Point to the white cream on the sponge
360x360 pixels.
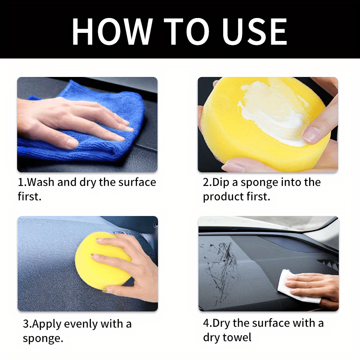(270, 112)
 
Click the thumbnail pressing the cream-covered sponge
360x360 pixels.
(311, 134)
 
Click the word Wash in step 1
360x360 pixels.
(45, 182)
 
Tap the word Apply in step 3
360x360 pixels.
(47, 324)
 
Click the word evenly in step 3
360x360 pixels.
(83, 324)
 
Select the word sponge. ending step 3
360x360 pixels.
(42, 338)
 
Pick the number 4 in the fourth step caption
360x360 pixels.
(206, 323)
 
